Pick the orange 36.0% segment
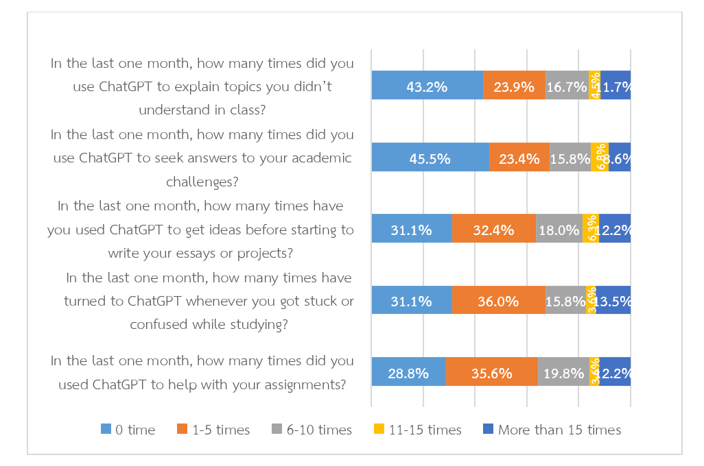[x=498, y=299]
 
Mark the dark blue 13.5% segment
[x=613, y=299]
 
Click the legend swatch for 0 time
[x=106, y=430]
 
